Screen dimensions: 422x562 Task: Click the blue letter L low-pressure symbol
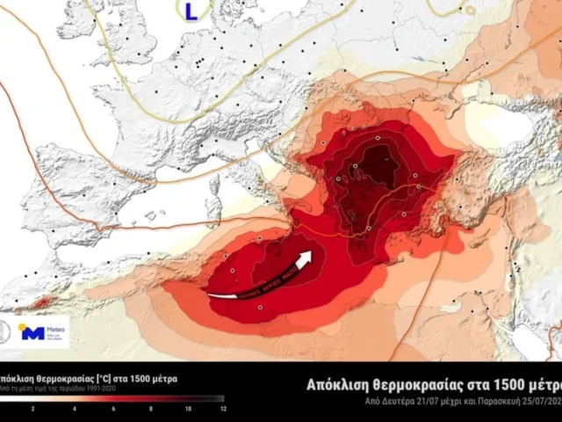click(x=191, y=10)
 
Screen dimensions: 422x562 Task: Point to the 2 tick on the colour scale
click(x=32, y=409)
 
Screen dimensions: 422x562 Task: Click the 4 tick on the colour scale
click(x=74, y=409)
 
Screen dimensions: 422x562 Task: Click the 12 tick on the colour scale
click(x=223, y=409)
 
